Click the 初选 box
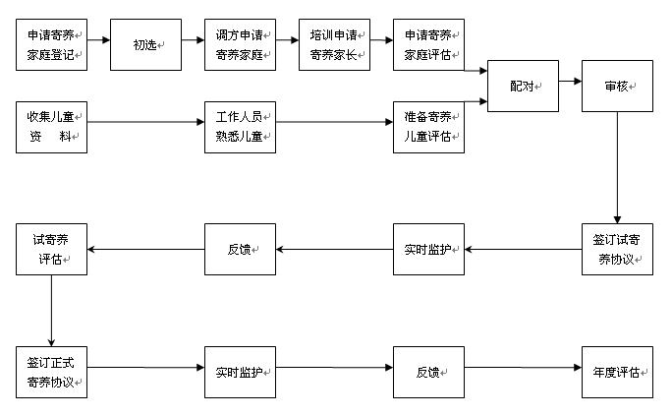tap(145, 44)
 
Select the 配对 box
tap(523, 86)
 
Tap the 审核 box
tap(617, 86)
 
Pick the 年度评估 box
tap(617, 373)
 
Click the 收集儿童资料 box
tap(52, 126)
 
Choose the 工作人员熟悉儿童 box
tap(240, 126)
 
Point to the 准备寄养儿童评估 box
tap(428, 126)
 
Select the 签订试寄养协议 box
tap(617, 249)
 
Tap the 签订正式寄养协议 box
tap(52, 373)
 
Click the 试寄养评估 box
tap(52, 249)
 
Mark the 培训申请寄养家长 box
tap(334, 44)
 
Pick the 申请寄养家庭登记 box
tap(52, 44)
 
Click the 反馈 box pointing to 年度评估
tap(428, 373)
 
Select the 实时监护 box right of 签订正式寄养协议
tap(240, 373)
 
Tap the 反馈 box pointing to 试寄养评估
tap(240, 249)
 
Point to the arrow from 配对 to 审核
tap(570, 86)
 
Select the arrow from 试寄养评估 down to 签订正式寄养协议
tap(52, 310)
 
